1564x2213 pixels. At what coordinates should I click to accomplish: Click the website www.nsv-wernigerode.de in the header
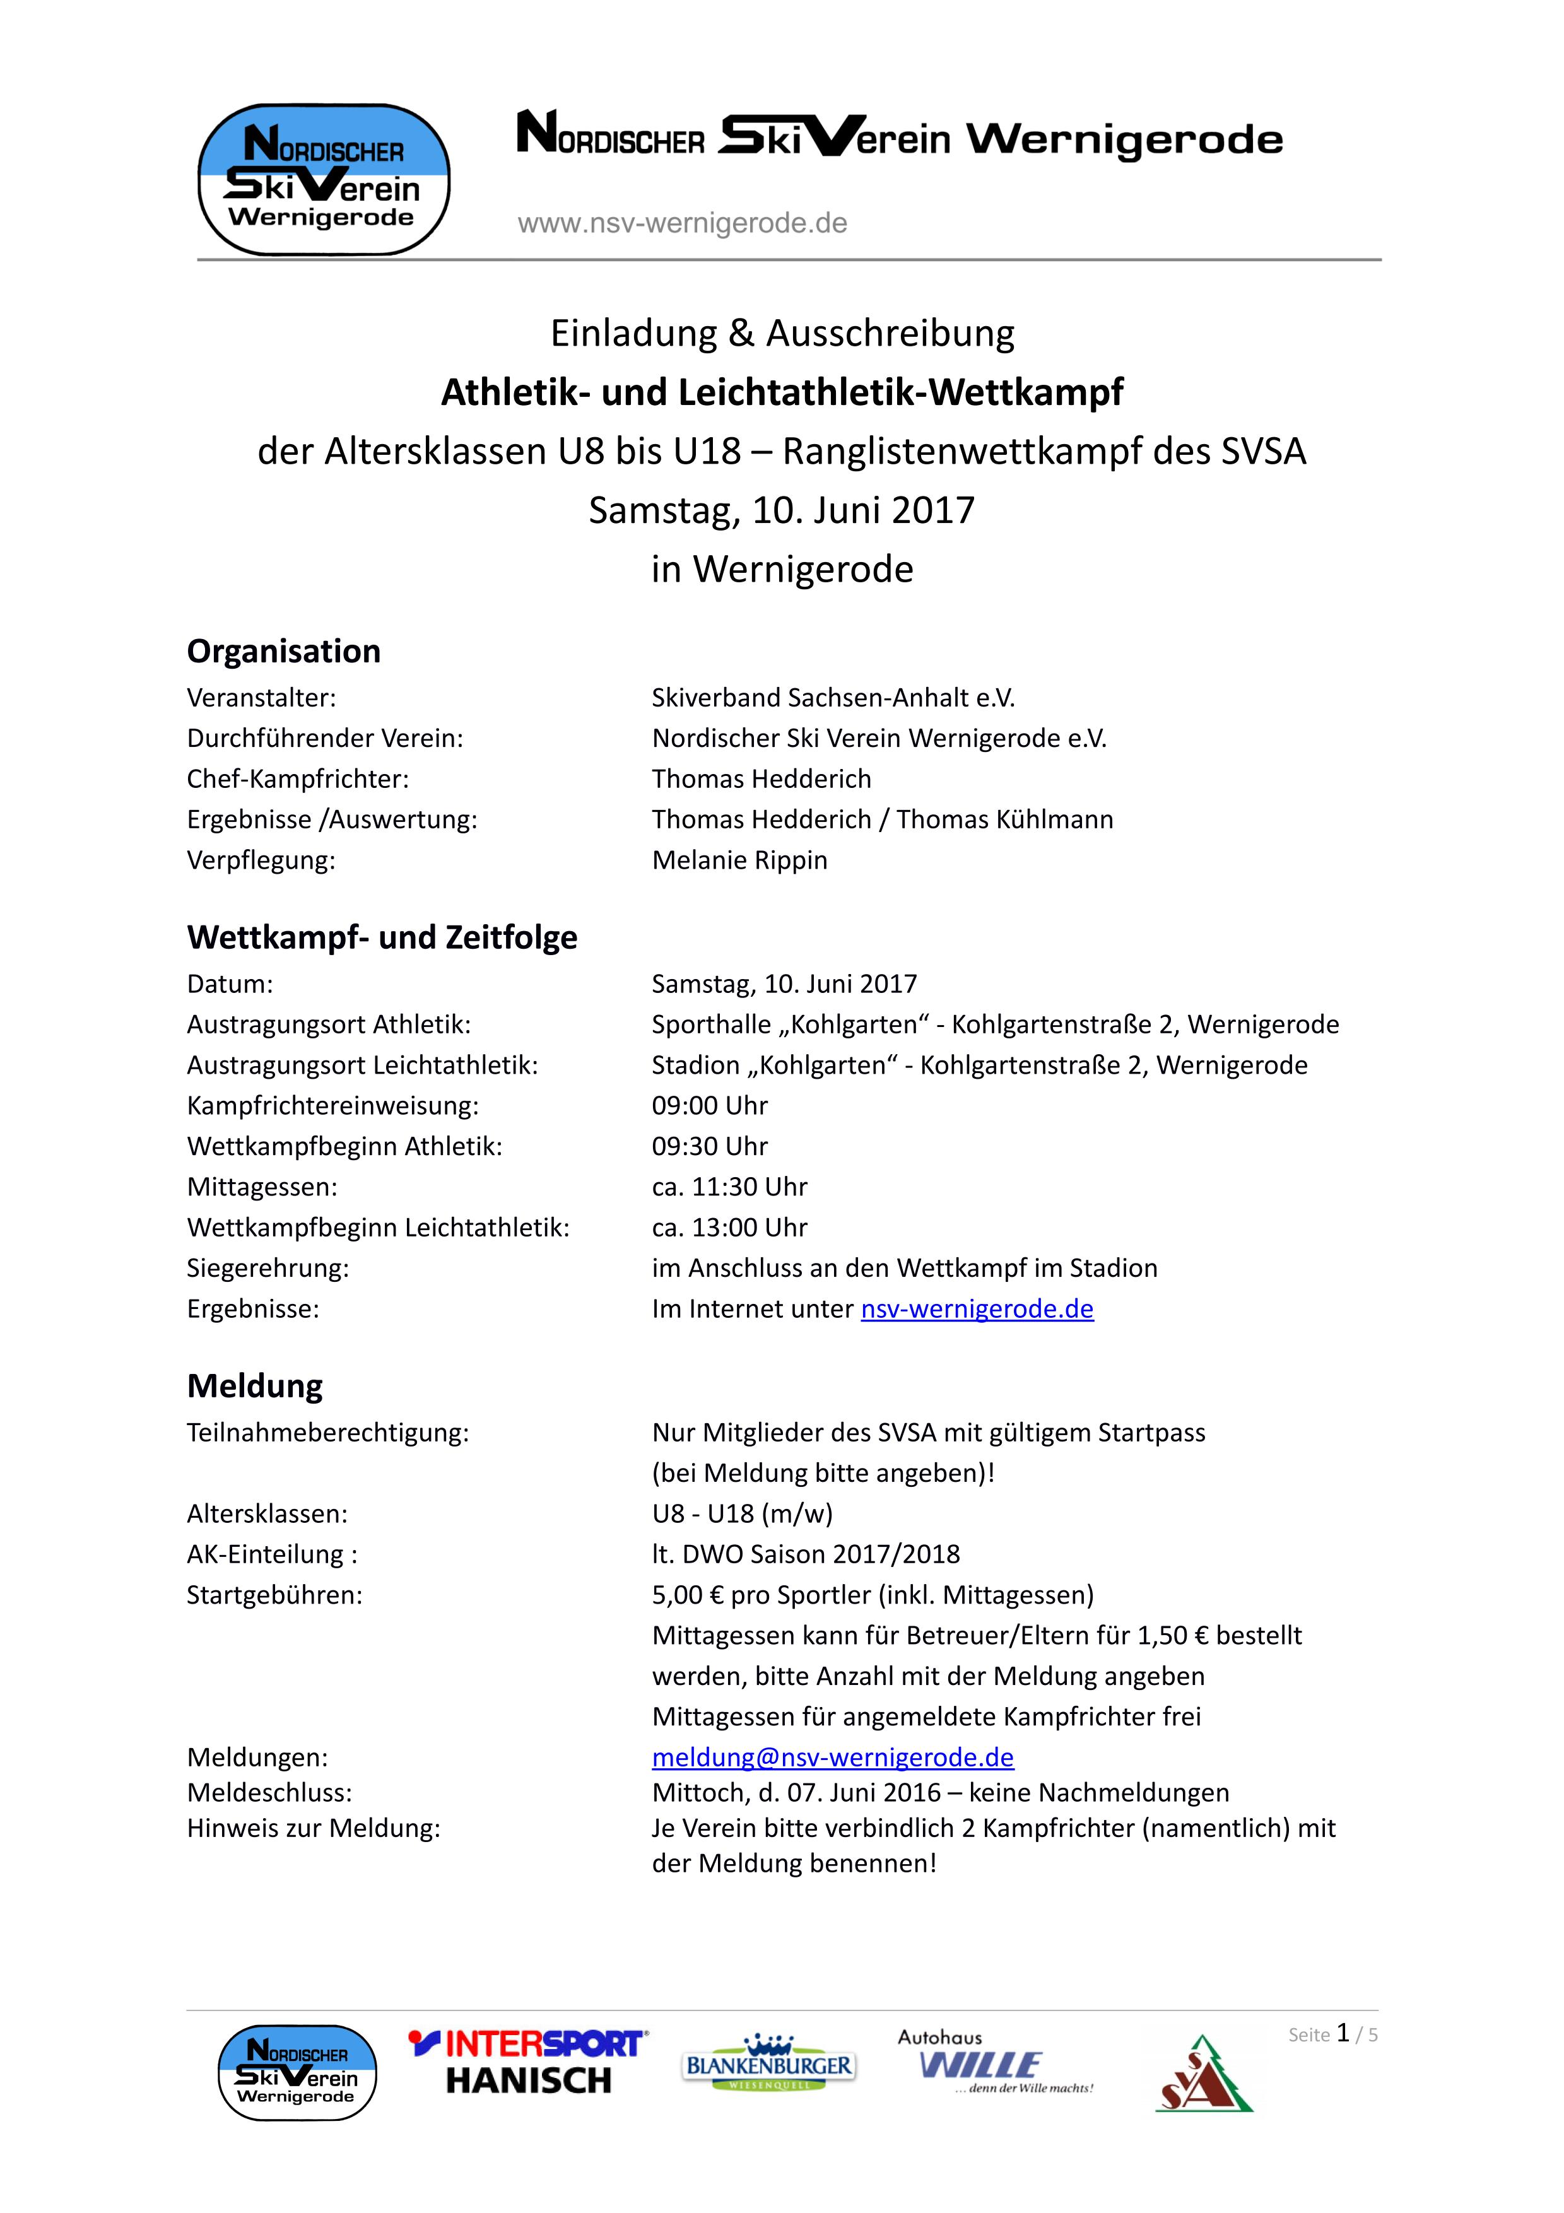(x=682, y=223)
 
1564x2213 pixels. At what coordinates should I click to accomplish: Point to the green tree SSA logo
(x=1204, y=2074)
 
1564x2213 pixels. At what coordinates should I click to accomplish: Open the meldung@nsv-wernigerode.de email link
(x=833, y=1757)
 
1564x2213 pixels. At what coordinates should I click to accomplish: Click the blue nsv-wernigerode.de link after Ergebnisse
(x=977, y=1309)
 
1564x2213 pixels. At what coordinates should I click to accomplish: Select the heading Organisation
(x=283, y=652)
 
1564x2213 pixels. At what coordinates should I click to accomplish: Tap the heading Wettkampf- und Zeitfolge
(x=382, y=937)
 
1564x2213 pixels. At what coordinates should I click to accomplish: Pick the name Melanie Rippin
(x=739, y=860)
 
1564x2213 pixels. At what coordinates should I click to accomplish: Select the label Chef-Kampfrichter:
(x=298, y=779)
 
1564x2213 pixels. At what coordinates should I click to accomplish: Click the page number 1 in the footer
(x=1343, y=2034)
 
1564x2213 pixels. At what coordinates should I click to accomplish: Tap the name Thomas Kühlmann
(x=1004, y=819)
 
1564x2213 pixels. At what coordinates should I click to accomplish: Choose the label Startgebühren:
(x=274, y=1595)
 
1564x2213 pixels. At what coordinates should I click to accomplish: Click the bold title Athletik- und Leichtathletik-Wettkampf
(x=782, y=392)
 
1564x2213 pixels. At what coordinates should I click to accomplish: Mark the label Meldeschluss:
(x=270, y=1793)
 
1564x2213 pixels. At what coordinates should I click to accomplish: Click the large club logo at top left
(x=324, y=180)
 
